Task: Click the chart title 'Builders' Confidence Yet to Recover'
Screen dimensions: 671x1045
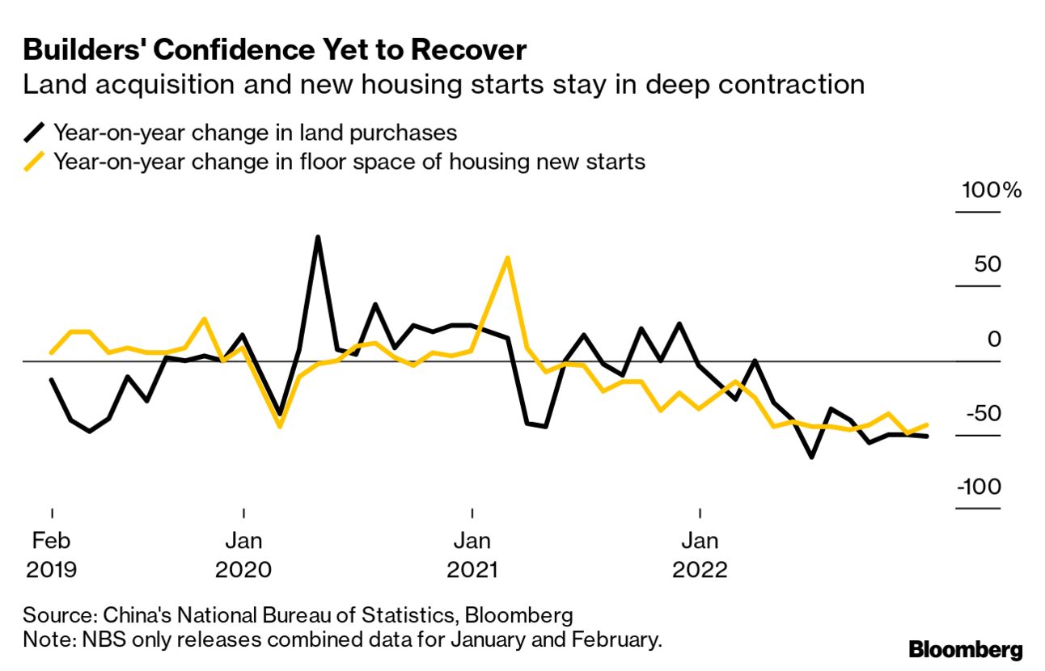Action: tap(275, 50)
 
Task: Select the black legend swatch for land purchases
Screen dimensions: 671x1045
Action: tap(36, 132)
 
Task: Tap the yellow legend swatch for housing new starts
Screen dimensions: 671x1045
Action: tap(36, 162)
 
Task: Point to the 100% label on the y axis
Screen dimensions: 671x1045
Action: tap(992, 192)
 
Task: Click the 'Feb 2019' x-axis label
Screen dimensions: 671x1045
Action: tap(52, 555)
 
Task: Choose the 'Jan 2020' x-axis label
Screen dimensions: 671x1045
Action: tap(243, 555)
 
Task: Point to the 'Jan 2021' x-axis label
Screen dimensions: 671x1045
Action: tap(472, 555)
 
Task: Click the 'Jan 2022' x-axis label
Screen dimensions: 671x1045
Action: tap(700, 555)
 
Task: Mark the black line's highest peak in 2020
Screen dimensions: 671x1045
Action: tap(318, 238)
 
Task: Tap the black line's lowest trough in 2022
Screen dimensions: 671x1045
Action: tap(811, 458)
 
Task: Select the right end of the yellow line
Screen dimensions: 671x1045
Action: tap(926, 424)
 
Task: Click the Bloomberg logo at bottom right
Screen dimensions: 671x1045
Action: tap(965, 649)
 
